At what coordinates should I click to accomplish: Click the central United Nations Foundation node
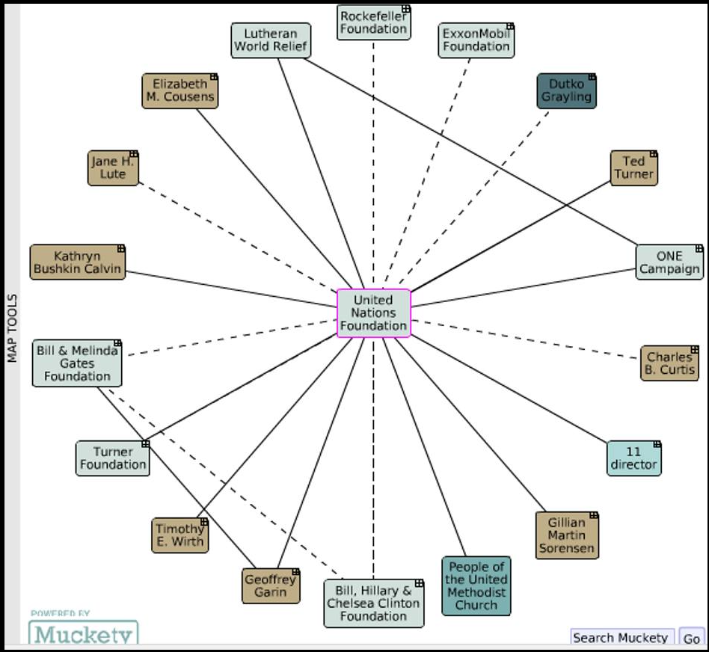[373, 313]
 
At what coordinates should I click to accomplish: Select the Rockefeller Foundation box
[373, 22]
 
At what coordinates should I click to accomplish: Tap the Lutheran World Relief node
[270, 40]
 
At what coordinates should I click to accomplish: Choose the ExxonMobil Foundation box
[476, 40]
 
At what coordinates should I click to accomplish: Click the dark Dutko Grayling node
[566, 90]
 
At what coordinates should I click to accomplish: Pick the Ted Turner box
[633, 168]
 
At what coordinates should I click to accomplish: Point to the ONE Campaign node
[669, 262]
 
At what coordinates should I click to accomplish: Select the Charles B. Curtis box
[669, 363]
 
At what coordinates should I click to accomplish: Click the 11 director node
[633, 458]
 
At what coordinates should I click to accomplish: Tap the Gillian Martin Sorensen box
[567, 535]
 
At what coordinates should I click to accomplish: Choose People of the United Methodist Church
[476, 586]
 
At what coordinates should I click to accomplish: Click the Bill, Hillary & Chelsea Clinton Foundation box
[373, 603]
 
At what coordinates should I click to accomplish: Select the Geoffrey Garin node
[271, 586]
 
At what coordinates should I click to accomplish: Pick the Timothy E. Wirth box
[179, 535]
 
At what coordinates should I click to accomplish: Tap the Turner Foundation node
[113, 458]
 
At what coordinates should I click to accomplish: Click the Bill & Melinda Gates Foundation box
[77, 363]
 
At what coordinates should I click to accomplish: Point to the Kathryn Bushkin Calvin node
[77, 262]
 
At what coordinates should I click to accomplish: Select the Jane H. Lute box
[113, 168]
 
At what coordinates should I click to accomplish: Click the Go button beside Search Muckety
[692, 638]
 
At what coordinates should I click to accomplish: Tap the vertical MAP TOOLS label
[12, 327]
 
